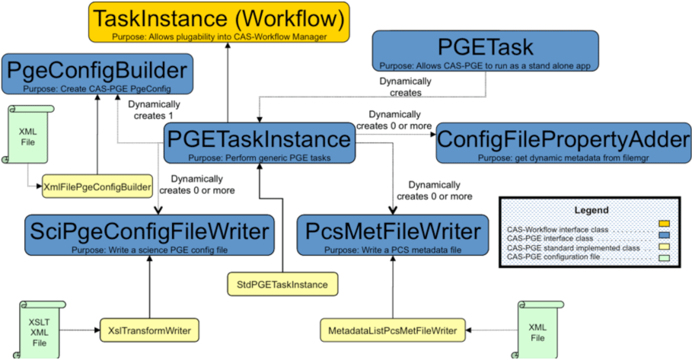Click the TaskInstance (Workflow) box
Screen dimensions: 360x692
(218, 22)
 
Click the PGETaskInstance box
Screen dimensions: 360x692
(260, 142)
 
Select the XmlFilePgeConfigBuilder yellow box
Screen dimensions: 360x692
(97, 186)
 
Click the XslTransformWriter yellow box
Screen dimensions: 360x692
(148, 330)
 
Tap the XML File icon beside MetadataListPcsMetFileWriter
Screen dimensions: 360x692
(537, 330)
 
